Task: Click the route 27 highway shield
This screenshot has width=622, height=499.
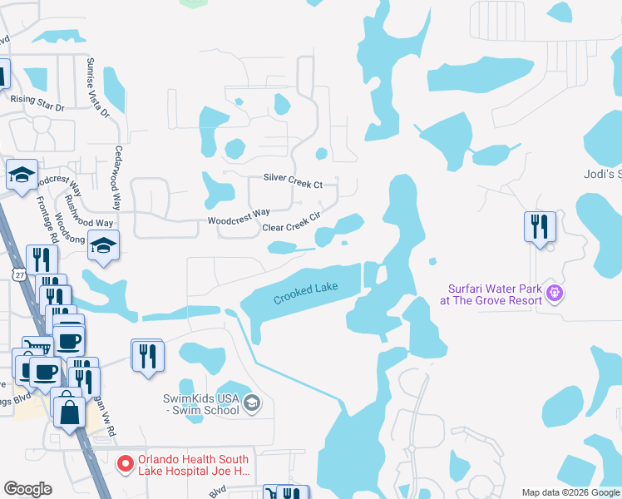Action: click(x=18, y=274)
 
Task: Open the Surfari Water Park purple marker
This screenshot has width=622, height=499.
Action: click(x=555, y=293)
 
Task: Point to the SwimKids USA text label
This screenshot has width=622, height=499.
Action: click(x=202, y=405)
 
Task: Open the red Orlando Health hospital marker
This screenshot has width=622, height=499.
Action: click(x=126, y=463)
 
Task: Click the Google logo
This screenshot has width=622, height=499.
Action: click(x=27, y=488)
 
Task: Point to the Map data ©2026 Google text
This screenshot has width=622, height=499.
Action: click(x=570, y=492)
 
